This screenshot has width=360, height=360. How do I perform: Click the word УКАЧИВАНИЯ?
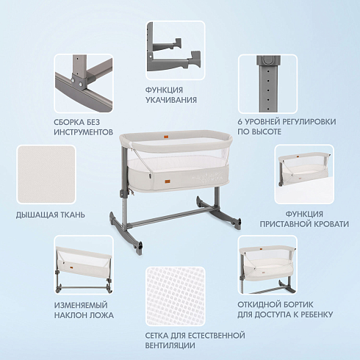click(x=171, y=100)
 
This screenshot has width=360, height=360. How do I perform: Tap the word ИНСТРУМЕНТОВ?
click(x=84, y=132)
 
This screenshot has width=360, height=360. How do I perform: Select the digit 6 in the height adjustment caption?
click(x=240, y=122)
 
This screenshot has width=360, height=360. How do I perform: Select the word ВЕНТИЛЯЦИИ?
click(x=170, y=345)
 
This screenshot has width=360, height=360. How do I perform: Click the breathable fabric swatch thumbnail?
click(x=46, y=174)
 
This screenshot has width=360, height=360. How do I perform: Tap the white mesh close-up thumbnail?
click(x=176, y=296)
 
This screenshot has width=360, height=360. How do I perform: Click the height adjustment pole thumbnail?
click(x=267, y=84)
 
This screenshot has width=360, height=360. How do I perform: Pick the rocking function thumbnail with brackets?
click(x=176, y=50)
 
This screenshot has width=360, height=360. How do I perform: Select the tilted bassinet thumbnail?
click(x=84, y=265)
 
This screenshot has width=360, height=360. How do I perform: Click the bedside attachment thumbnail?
click(x=304, y=174)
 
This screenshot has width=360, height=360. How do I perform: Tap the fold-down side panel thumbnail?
click(x=267, y=265)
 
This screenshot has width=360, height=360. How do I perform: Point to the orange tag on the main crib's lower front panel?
click(x=161, y=181)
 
